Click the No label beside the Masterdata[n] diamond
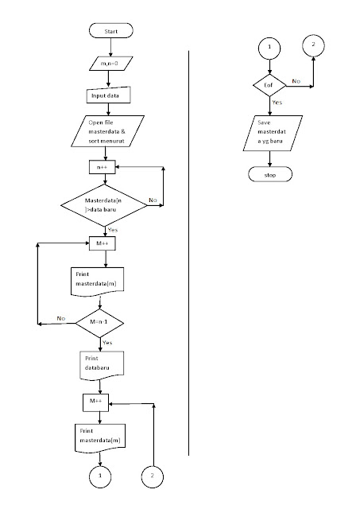pyautogui.click(x=153, y=201)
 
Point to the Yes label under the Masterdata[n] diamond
pyautogui.click(x=112, y=229)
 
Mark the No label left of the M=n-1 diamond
pyautogui.click(x=60, y=317)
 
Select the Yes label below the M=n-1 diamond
pyautogui.click(x=107, y=343)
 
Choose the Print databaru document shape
pyautogui.click(x=99, y=363)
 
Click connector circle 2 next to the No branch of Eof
pyautogui.click(x=313, y=45)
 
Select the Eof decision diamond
pyautogui.click(x=269, y=84)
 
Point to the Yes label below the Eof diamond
pyautogui.click(x=277, y=103)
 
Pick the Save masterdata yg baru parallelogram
pyautogui.click(x=269, y=133)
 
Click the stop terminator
pyautogui.click(x=270, y=174)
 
